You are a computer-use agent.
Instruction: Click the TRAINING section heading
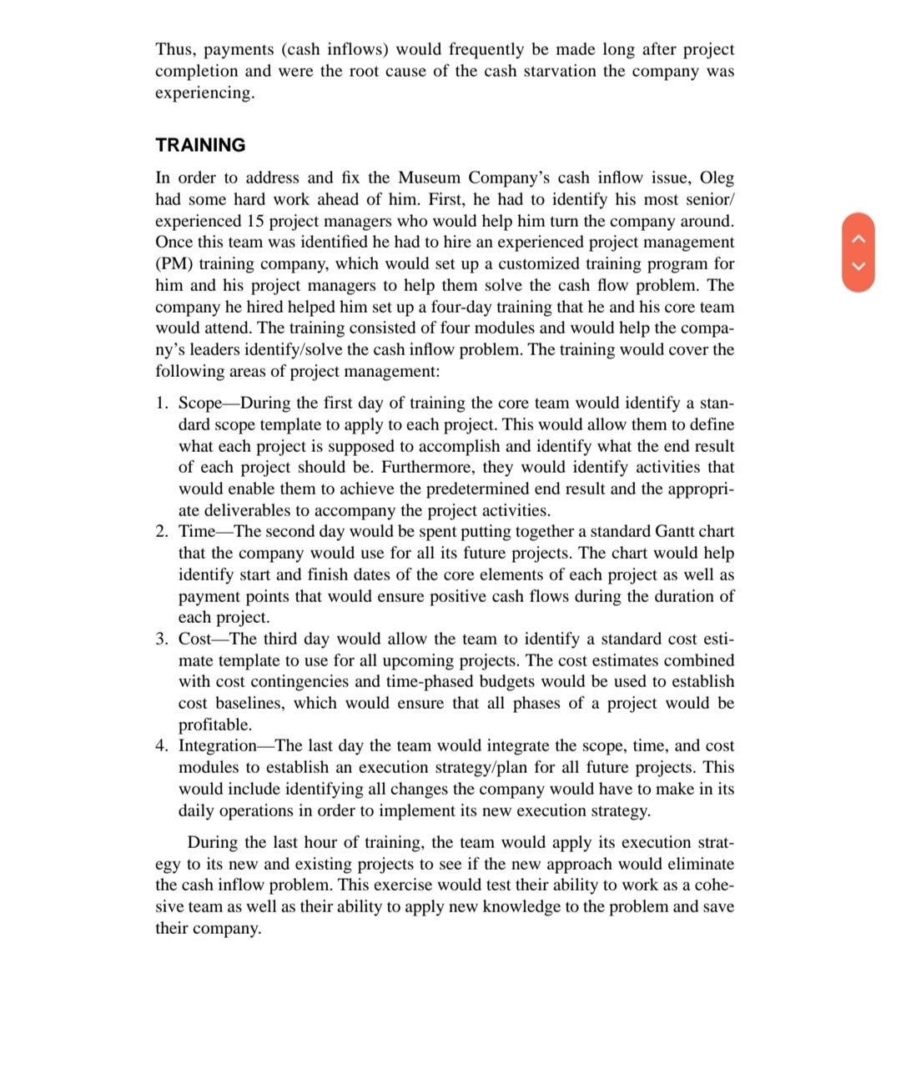tap(200, 145)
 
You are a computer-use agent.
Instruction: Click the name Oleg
tap(717, 178)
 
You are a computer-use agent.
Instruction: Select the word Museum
tap(429, 178)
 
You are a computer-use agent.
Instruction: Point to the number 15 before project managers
tap(254, 221)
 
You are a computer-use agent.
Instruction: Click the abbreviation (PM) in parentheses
tap(174, 264)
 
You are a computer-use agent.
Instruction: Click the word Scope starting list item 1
tap(200, 404)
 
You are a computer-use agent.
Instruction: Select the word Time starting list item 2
tap(197, 532)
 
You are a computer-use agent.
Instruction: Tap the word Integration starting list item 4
tap(218, 746)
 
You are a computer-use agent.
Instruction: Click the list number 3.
tap(161, 640)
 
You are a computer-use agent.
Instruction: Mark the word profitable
tap(214, 725)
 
